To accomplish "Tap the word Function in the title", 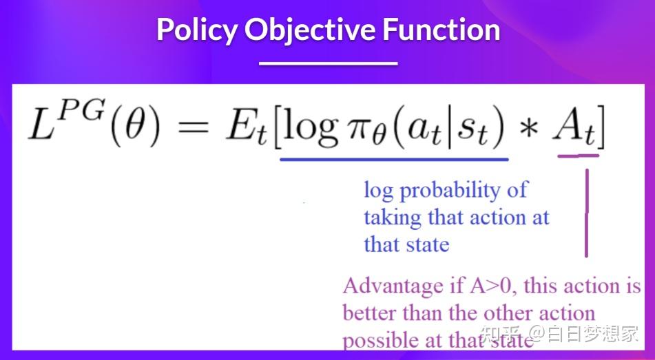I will (x=441, y=30).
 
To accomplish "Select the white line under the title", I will (x=328, y=63).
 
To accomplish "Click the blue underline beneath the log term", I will (x=394, y=159).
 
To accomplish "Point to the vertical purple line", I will (x=586, y=213).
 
